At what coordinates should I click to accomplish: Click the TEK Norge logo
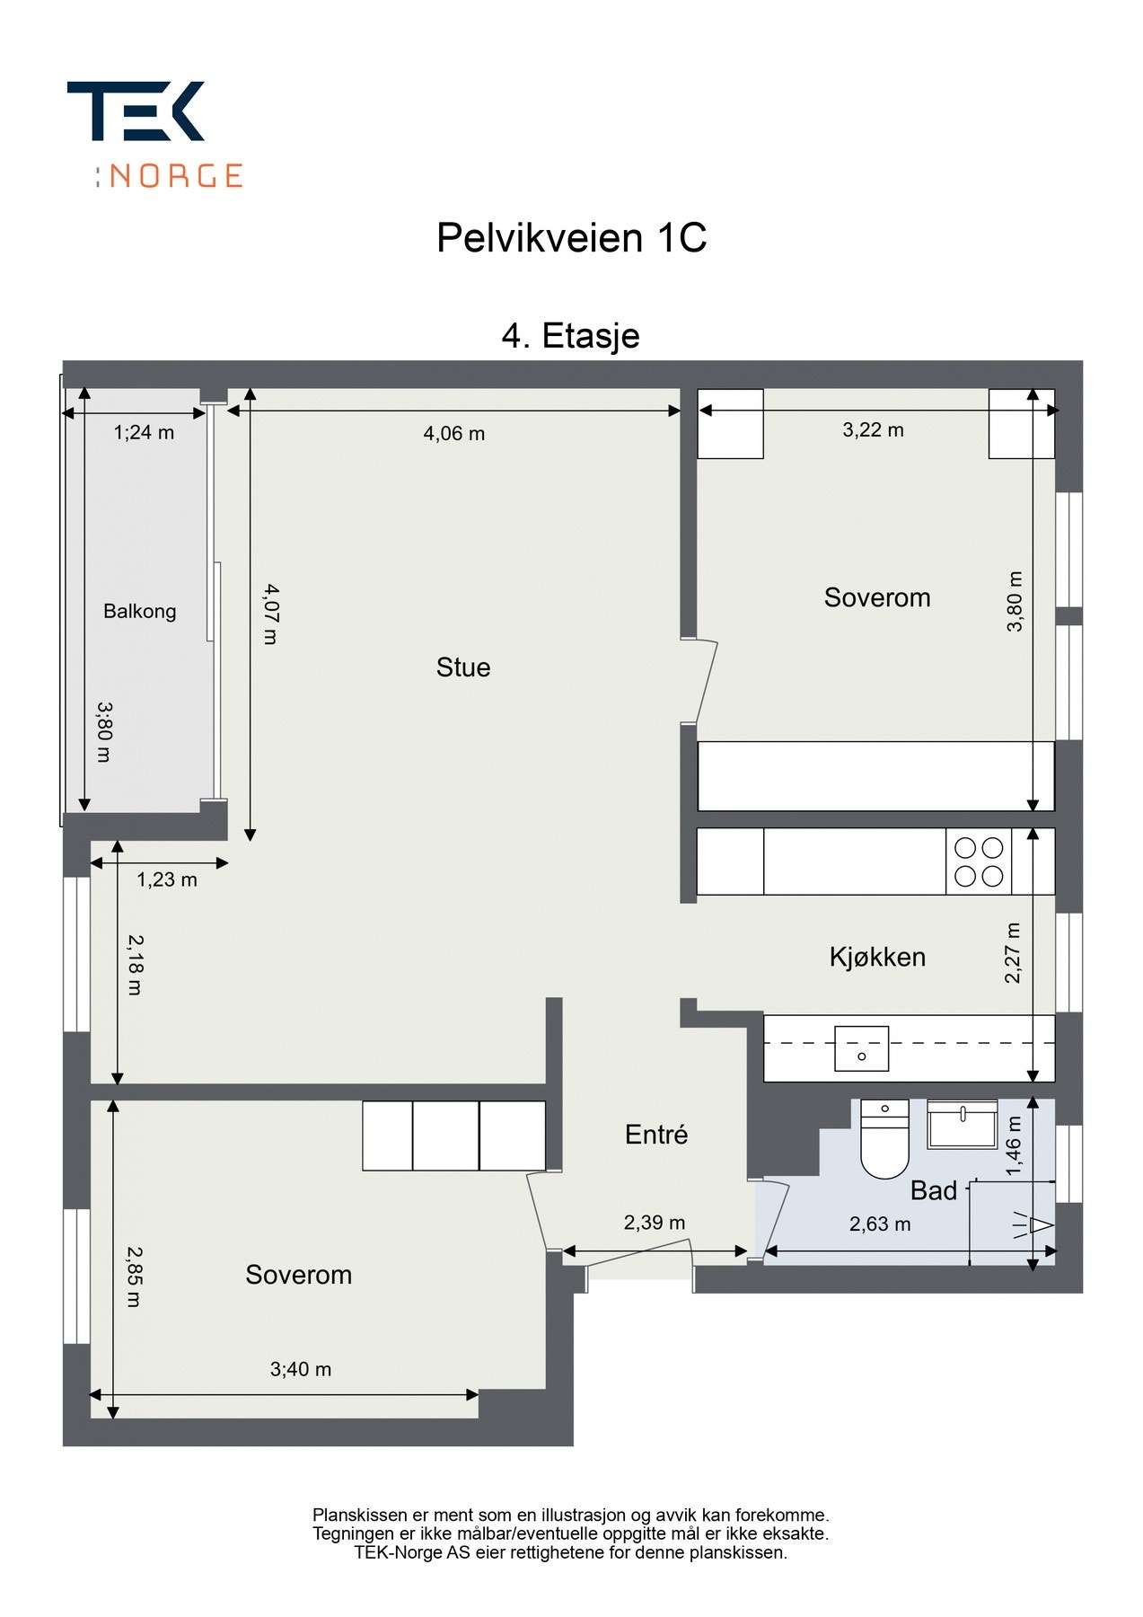(154, 135)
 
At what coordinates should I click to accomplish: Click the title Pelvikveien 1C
(571, 238)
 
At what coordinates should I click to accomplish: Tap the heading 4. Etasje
(570, 336)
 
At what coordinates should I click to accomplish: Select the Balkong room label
(139, 612)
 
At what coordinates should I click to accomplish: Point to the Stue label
(463, 667)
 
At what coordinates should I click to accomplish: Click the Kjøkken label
(877, 957)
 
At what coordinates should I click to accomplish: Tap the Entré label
(656, 1135)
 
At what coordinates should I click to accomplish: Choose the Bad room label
(934, 1191)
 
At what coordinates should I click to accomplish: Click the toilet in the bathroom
(884, 1138)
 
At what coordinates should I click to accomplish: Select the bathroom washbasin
(963, 1124)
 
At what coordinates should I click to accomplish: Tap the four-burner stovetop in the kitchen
(979, 862)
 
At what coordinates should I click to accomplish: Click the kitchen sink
(862, 1048)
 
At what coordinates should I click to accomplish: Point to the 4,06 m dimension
(454, 434)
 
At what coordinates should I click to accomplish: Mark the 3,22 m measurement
(873, 430)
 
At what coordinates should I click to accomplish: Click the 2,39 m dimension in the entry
(655, 1223)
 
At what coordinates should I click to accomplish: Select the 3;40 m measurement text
(301, 1369)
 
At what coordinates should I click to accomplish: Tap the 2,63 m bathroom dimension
(880, 1224)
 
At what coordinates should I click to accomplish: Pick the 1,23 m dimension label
(167, 880)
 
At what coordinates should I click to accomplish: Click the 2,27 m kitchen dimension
(1013, 953)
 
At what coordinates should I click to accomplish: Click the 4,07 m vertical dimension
(270, 614)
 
